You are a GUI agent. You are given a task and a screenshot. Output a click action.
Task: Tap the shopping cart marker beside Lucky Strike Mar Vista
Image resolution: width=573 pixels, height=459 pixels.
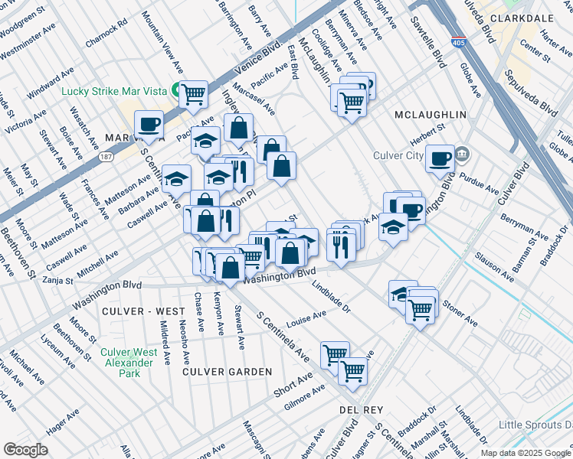pyautogui.click(x=194, y=94)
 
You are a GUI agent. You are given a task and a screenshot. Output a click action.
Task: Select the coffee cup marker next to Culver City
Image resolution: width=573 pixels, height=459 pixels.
pyautogui.click(x=440, y=158)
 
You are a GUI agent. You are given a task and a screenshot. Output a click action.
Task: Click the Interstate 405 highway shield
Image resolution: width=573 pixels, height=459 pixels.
pyautogui.click(x=457, y=41)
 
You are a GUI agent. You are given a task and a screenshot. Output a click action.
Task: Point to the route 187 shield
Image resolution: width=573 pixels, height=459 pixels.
pyautogui.click(x=106, y=156)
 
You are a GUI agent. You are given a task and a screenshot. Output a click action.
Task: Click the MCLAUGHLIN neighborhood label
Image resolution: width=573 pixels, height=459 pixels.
pyautogui.click(x=430, y=115)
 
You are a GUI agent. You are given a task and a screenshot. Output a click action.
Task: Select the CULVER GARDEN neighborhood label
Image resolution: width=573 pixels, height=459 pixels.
pyautogui.click(x=227, y=372)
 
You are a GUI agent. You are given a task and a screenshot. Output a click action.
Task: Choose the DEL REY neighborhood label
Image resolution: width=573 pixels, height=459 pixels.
pyautogui.click(x=361, y=411)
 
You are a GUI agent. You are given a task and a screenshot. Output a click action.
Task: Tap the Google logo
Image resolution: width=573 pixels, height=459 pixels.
pyautogui.click(x=25, y=449)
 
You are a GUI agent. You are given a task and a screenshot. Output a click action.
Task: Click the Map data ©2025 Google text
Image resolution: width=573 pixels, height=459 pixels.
pyautogui.click(x=526, y=453)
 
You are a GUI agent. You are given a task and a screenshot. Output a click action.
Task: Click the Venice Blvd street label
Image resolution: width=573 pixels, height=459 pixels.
pyautogui.click(x=263, y=55)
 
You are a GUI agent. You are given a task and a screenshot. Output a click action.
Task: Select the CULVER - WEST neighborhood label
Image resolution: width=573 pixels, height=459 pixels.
pyautogui.click(x=143, y=311)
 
